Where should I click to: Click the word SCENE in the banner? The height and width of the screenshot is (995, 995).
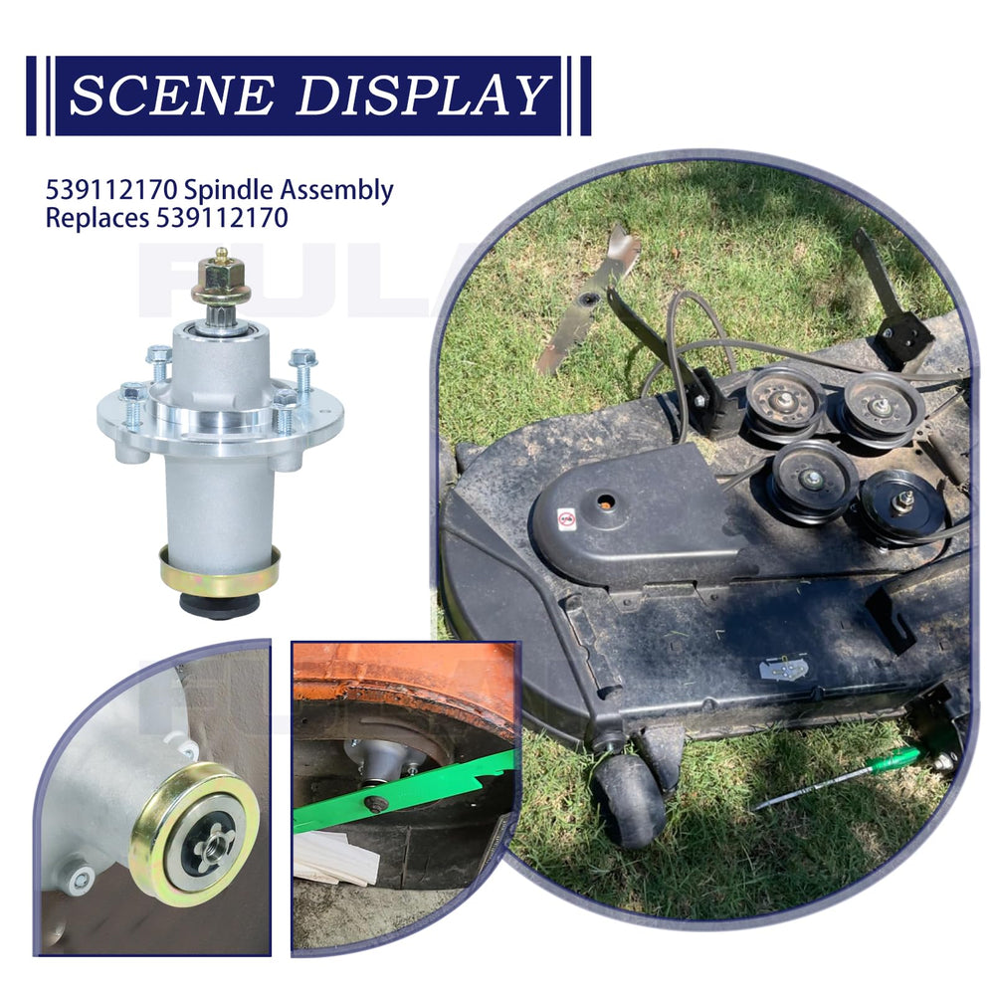172,96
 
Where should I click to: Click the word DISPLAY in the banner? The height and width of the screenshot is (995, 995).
423,96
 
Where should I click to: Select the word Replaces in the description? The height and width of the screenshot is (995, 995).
98,218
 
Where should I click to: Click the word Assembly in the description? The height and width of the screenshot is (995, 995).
337,190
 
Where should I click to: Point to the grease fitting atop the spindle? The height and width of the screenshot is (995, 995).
221,255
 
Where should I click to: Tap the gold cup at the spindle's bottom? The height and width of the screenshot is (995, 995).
219,571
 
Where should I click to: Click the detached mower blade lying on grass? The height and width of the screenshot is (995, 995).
586,299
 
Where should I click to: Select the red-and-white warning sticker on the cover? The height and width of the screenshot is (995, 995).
567,518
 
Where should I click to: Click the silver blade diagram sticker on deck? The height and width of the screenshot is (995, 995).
784,669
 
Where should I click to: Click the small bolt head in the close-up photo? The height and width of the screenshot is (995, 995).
82,880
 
